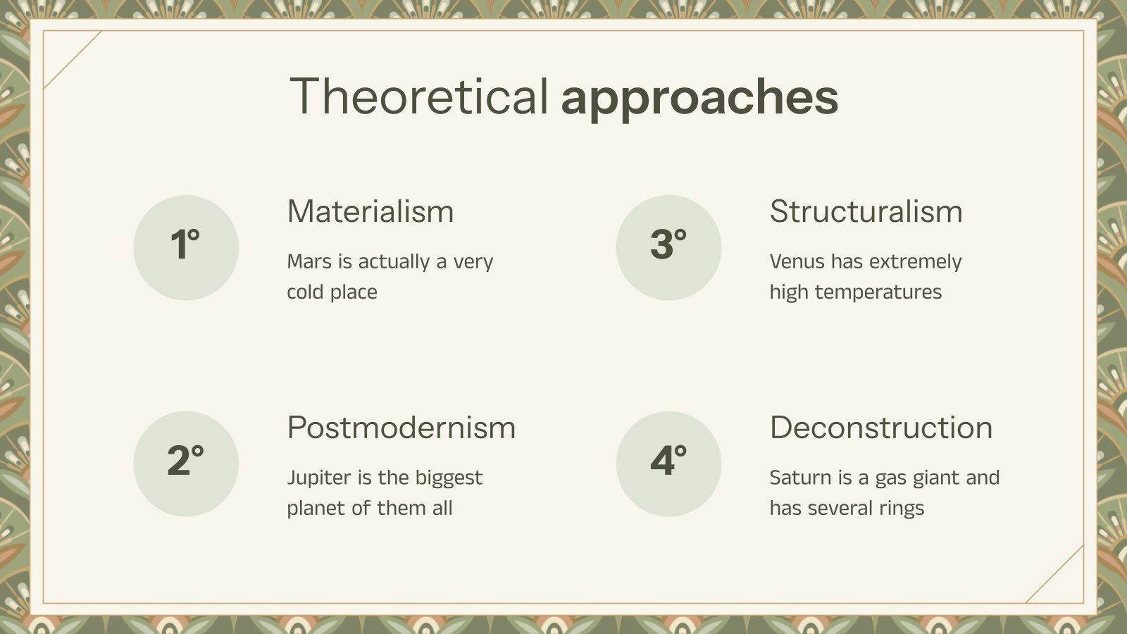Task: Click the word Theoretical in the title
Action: (x=419, y=97)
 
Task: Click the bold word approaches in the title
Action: (x=699, y=98)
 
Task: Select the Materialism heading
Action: (x=371, y=211)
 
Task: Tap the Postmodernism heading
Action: (x=401, y=428)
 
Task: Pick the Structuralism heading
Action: (x=866, y=211)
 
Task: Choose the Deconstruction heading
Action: (x=881, y=428)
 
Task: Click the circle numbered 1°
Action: (x=186, y=248)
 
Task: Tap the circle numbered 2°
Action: (x=186, y=464)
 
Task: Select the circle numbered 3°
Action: (x=668, y=248)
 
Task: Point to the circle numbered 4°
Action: (x=668, y=464)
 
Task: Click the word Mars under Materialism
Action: (x=309, y=261)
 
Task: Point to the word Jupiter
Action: (x=319, y=478)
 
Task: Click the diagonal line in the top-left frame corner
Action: (x=73, y=60)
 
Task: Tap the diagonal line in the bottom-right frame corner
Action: (x=1054, y=573)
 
